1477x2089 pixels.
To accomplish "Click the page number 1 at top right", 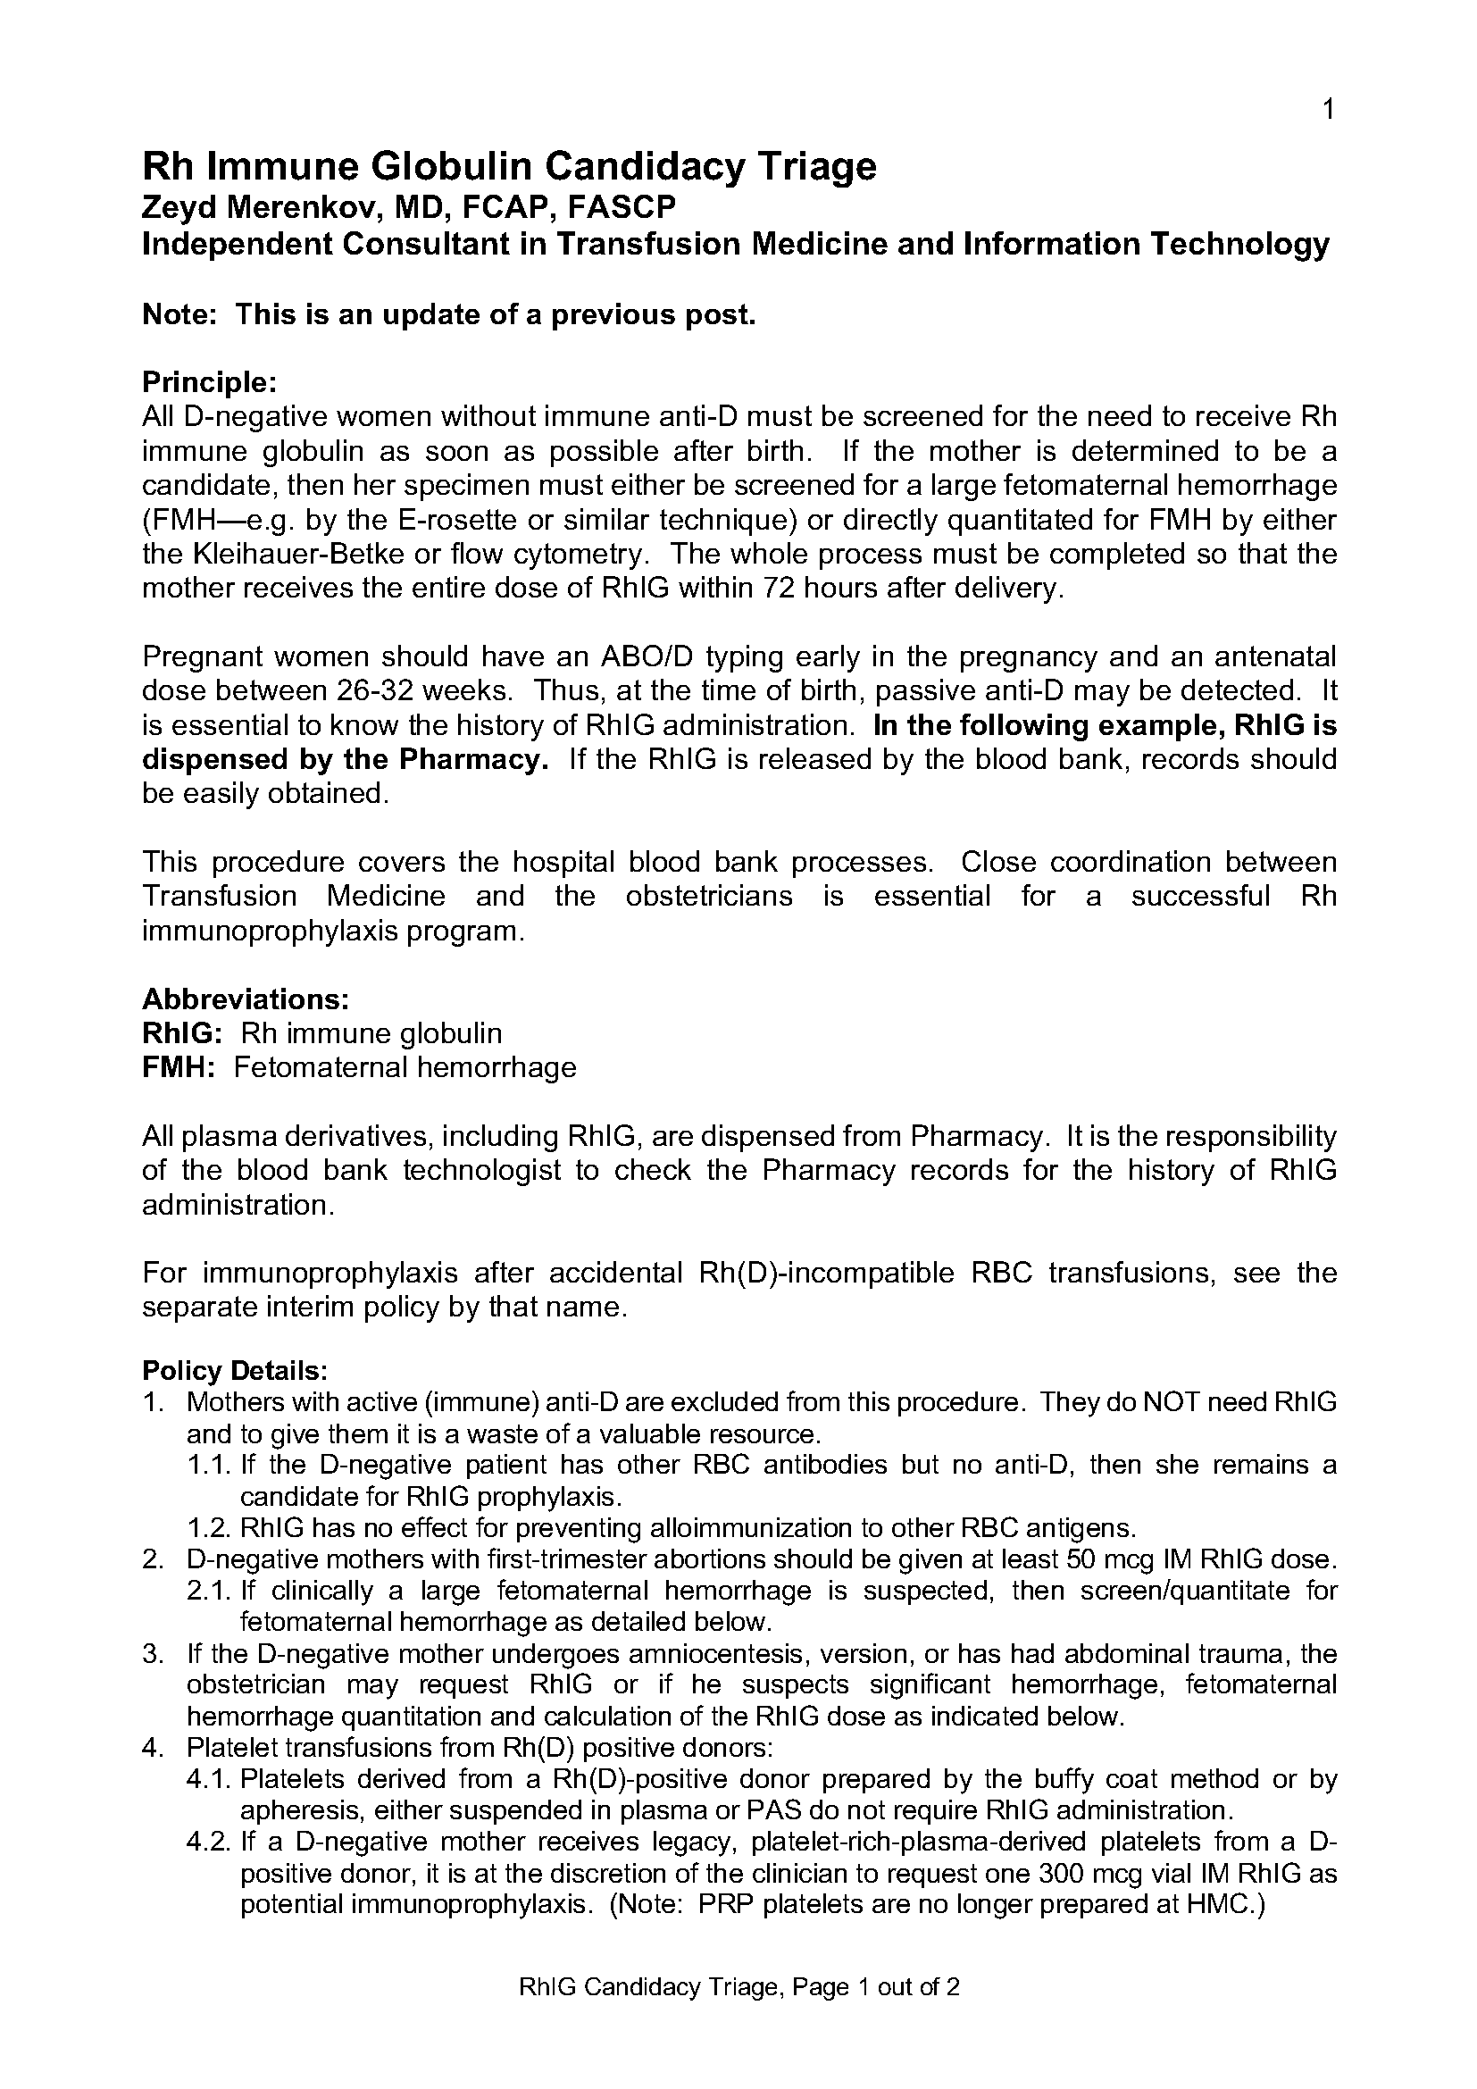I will pos(1328,110).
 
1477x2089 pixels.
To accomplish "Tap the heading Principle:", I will pos(209,382).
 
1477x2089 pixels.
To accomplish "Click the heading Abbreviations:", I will pos(246,999).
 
